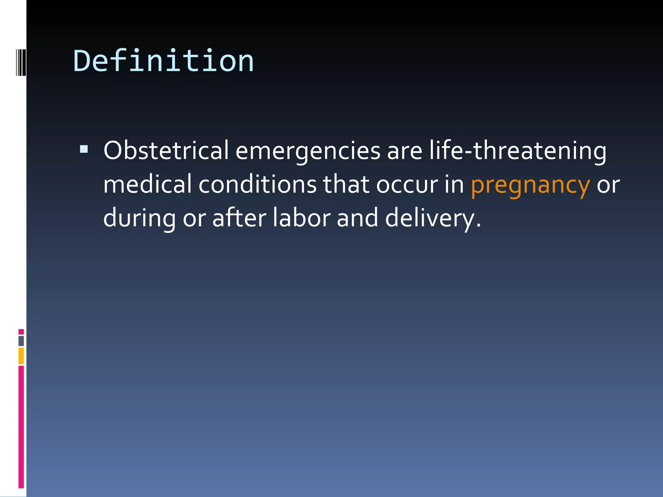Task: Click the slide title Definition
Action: [x=163, y=61]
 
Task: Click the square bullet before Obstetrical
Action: [x=84, y=149]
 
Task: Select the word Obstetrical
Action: [x=166, y=151]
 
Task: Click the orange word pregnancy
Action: [x=530, y=185]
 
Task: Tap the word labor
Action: [x=301, y=218]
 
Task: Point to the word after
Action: [x=239, y=218]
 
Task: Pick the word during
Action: [x=140, y=218]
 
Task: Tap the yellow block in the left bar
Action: [x=21, y=356]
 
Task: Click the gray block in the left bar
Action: [x=21, y=341]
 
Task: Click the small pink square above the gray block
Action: [x=21, y=332]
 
